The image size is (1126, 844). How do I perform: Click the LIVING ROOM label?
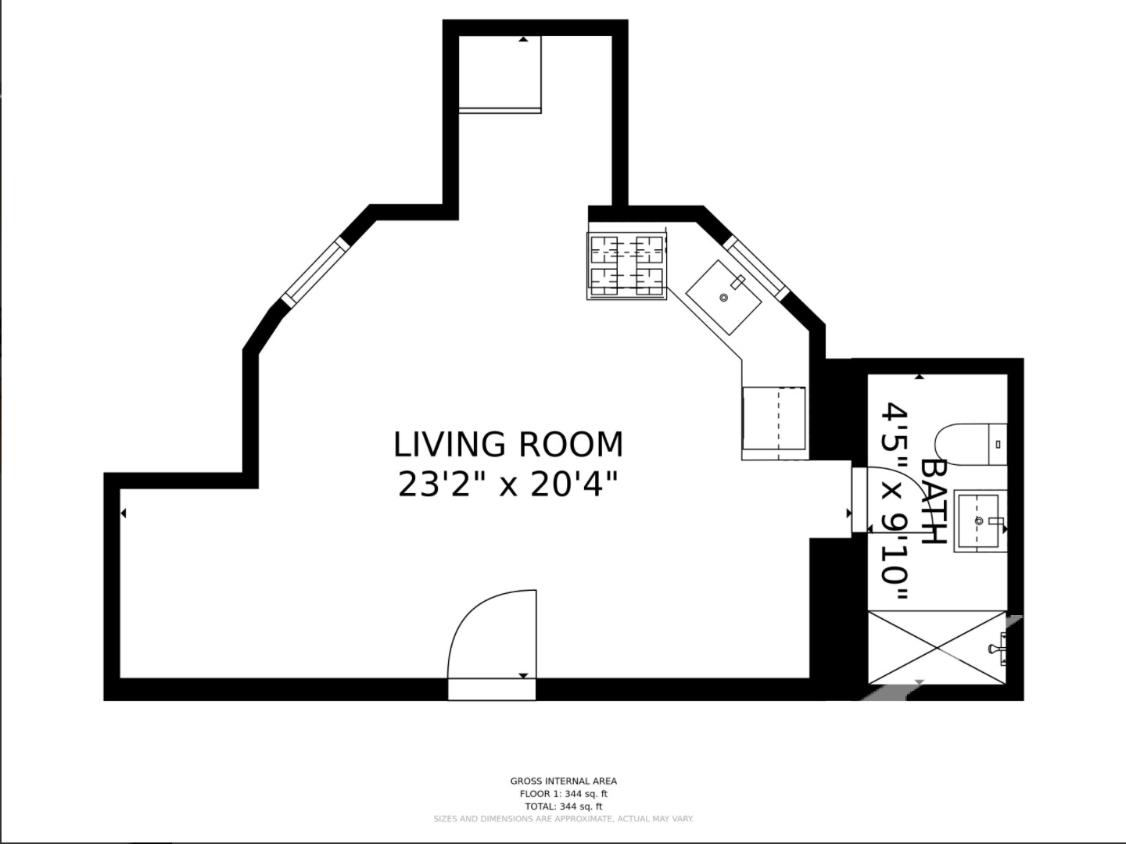pos(507,445)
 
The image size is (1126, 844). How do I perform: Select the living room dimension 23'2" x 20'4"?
pos(507,485)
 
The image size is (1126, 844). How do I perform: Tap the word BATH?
pos(934,501)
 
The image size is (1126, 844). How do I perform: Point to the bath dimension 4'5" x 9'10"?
pos(895,502)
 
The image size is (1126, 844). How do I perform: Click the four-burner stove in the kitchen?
pos(626,266)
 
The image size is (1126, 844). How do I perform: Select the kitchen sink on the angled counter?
pos(723,297)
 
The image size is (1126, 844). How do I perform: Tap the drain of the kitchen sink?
pos(723,298)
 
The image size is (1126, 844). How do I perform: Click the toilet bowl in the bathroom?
pos(962,444)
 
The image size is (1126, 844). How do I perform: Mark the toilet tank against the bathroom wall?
pos(998,444)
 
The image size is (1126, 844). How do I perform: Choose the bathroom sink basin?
pos(977,521)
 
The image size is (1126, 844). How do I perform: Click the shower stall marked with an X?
pos(937,648)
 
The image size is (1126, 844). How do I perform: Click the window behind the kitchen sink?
pos(755,267)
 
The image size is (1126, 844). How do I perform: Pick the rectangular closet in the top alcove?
pos(500,73)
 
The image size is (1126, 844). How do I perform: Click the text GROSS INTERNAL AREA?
pos(563,781)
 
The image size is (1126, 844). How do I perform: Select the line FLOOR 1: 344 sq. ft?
pos(563,794)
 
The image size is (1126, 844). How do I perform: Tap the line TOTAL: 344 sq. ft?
pos(563,806)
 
